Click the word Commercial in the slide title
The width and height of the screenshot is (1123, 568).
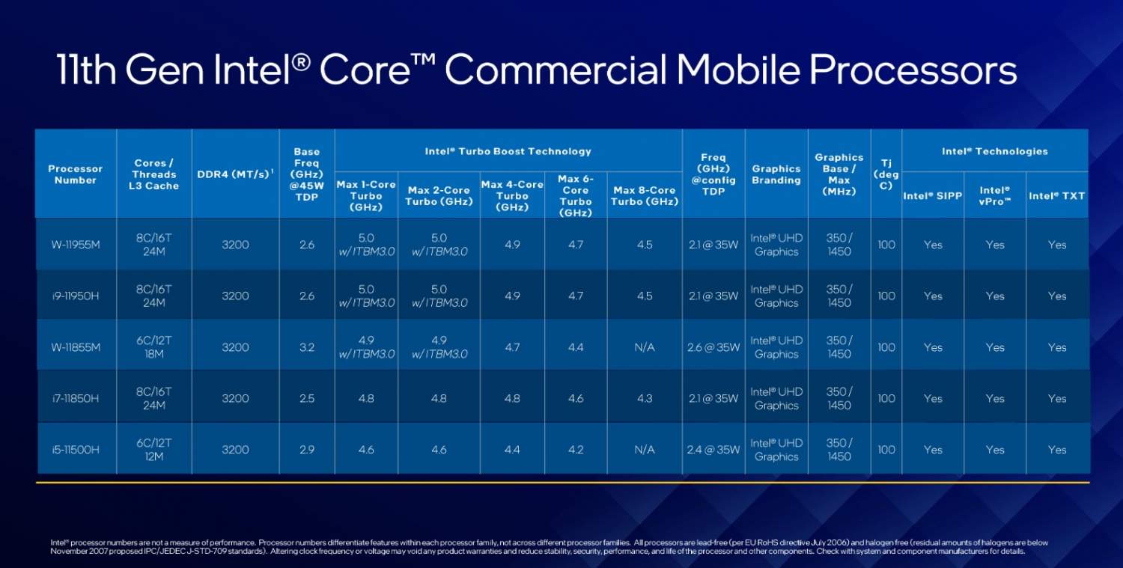555,70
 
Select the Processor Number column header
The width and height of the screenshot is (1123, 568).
76,174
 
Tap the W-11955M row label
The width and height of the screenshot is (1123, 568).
76,245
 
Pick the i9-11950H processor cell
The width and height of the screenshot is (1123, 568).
76,296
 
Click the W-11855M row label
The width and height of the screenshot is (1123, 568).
76,347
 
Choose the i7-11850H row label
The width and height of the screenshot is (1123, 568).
76,398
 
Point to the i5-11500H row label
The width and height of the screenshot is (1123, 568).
76,450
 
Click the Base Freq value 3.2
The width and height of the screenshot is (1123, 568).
307,347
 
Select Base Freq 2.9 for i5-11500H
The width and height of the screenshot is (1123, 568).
307,450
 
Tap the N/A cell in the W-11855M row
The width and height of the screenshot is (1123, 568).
645,347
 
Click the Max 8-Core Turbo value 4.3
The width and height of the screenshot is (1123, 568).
645,398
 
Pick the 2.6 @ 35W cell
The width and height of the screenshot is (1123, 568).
713,347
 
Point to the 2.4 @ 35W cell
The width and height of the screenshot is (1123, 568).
713,450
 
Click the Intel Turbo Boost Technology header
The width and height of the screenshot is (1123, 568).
508,151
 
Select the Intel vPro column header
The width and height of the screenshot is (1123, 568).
995,196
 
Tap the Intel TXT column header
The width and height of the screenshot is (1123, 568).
1056,196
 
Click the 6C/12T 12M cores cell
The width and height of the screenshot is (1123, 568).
154,450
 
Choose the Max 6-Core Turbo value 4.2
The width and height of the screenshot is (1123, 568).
576,450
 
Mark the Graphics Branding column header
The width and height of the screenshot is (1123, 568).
776,174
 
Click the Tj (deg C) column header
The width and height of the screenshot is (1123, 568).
886,174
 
